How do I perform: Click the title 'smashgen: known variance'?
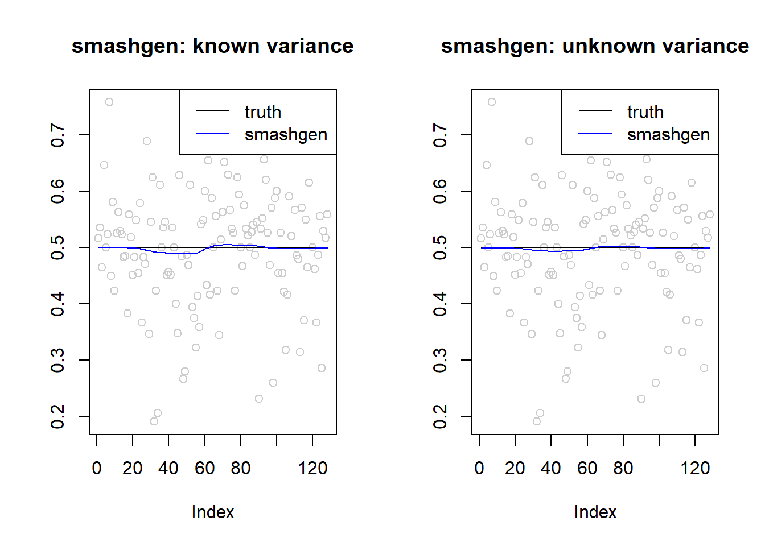pyautogui.click(x=212, y=46)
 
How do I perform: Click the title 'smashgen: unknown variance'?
pyautogui.click(x=595, y=46)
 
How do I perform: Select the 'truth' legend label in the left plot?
pyautogui.click(x=263, y=112)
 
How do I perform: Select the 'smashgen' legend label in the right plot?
pyautogui.click(x=668, y=135)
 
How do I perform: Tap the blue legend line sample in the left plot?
pyautogui.click(x=212, y=133)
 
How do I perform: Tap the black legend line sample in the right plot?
pyautogui.click(x=595, y=111)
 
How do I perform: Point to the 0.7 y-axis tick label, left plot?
pyautogui.click(x=57, y=135)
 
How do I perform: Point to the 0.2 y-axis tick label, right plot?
pyautogui.click(x=440, y=417)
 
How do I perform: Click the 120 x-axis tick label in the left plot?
pyautogui.click(x=312, y=468)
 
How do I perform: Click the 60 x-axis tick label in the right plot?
pyautogui.click(x=587, y=468)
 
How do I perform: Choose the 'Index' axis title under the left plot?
pyautogui.click(x=213, y=512)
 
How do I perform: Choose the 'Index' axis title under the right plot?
pyautogui.click(x=595, y=512)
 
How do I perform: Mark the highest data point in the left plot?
pyautogui.click(x=109, y=102)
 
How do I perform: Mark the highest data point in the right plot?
pyautogui.click(x=491, y=102)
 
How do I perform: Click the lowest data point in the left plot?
pyautogui.click(x=154, y=421)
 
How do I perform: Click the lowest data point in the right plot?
pyautogui.click(x=537, y=421)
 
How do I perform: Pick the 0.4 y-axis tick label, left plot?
pyautogui.click(x=57, y=304)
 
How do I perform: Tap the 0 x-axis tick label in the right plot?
pyautogui.click(x=479, y=468)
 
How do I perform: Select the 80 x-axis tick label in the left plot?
pyautogui.click(x=240, y=468)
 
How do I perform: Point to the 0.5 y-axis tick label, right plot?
pyautogui.click(x=440, y=248)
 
